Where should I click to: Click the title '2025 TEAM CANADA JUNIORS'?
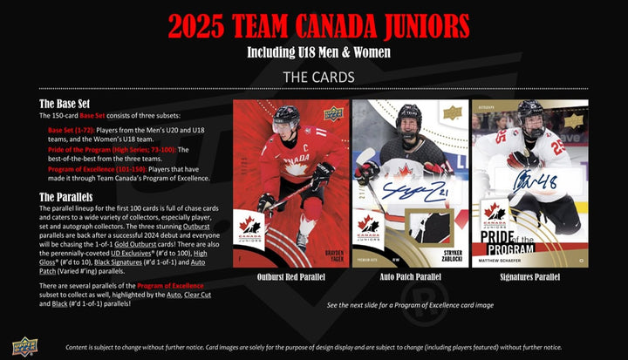point(314,26)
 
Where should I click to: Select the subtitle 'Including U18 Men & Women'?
point(314,52)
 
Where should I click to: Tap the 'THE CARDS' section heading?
point(314,77)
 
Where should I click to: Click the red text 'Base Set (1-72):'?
point(75,130)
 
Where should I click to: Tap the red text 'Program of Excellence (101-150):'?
point(92,169)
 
